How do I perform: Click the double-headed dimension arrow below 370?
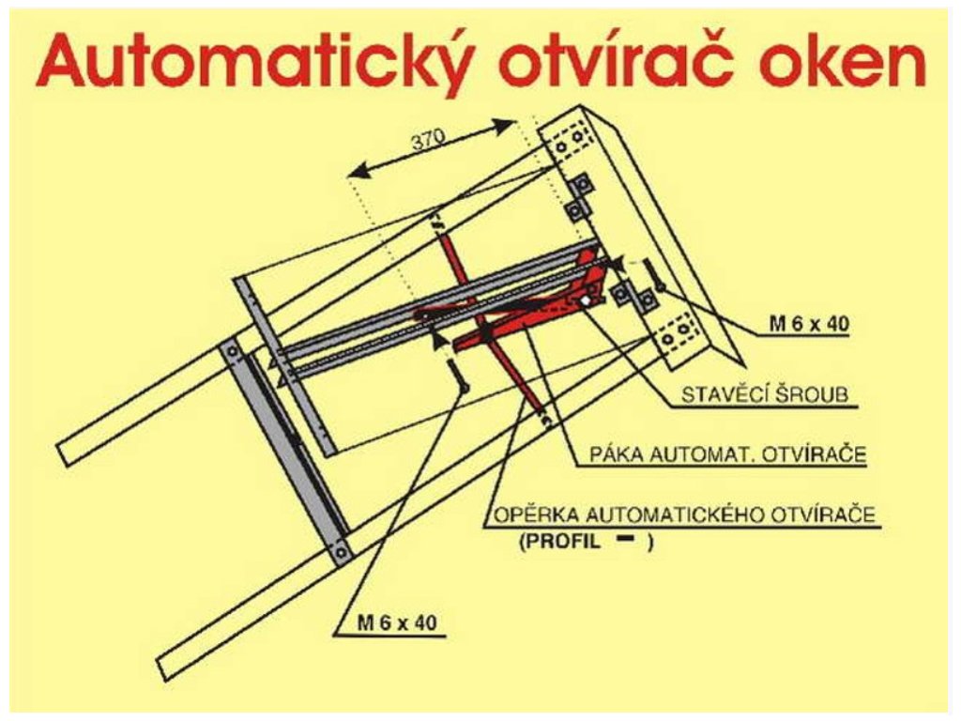[x=432, y=149]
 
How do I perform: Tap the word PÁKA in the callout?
[x=614, y=455]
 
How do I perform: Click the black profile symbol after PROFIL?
[x=623, y=540]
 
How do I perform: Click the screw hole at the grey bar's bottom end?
[x=341, y=550]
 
